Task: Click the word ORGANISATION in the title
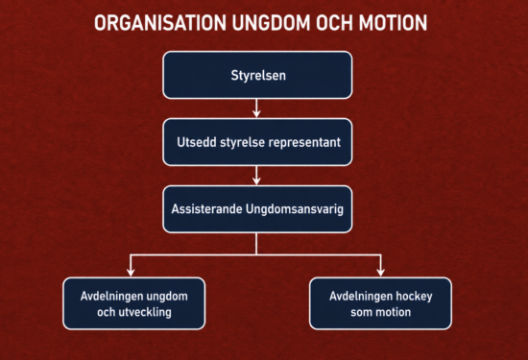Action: point(160,23)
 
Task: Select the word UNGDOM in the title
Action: point(271,23)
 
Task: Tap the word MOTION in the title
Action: point(393,23)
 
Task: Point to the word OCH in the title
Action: point(334,23)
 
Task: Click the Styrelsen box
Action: point(257,75)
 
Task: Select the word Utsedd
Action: point(197,142)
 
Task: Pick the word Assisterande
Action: point(206,208)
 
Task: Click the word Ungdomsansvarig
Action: point(295,209)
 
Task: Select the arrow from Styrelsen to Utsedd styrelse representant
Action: point(256,108)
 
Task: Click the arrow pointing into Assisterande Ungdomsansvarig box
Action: point(256,175)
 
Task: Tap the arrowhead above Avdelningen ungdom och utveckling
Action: point(131,272)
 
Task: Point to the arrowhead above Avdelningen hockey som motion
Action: point(381,272)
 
